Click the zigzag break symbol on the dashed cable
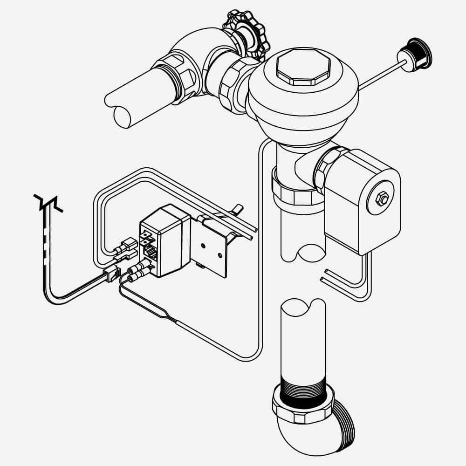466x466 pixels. [48, 203]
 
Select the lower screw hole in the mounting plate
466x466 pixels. [219, 256]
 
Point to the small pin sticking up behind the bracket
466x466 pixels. [238, 208]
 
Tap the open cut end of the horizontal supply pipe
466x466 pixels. [122, 116]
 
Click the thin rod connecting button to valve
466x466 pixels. [377, 77]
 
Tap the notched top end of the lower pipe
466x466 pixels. [303, 310]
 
